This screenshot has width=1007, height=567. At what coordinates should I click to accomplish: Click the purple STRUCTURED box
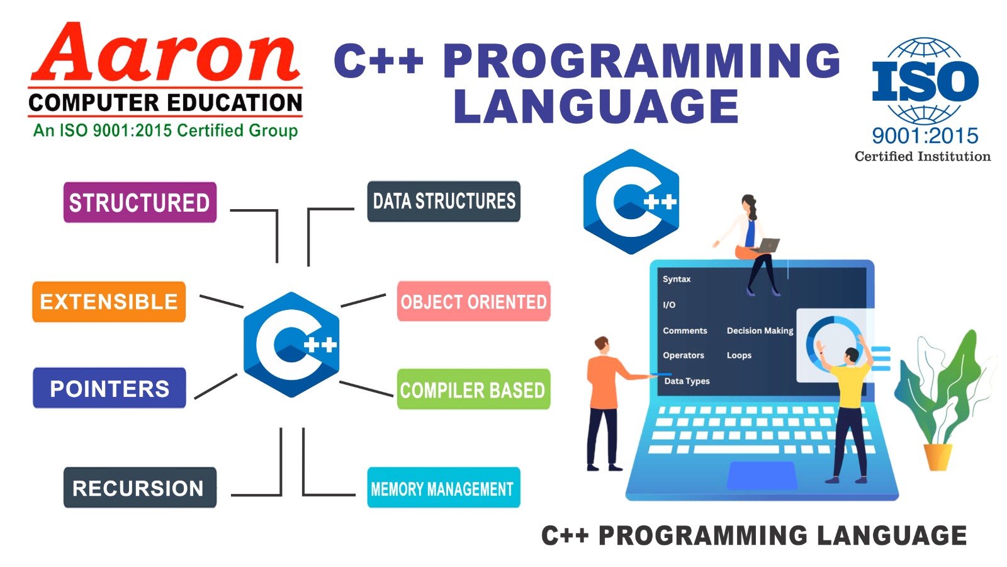pyautogui.click(x=140, y=202)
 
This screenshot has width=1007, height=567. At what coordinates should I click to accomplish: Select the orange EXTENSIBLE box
pyautogui.click(x=109, y=302)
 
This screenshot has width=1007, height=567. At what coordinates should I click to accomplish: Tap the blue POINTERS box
pyautogui.click(x=110, y=388)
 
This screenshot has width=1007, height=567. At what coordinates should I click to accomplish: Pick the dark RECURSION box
pyautogui.click(x=140, y=488)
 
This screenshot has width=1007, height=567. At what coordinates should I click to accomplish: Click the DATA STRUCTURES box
pyautogui.click(x=444, y=202)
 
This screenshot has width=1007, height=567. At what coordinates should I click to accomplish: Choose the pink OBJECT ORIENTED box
pyautogui.click(x=473, y=302)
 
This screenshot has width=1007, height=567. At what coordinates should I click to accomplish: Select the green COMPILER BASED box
pyautogui.click(x=473, y=390)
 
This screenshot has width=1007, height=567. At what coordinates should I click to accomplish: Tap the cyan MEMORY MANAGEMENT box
pyautogui.click(x=443, y=488)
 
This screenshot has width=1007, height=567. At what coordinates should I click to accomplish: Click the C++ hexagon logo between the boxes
pyautogui.click(x=291, y=345)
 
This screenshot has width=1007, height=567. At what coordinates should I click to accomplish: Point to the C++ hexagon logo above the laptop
pyautogui.click(x=631, y=202)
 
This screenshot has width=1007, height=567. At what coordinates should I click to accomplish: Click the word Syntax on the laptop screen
pyautogui.click(x=677, y=279)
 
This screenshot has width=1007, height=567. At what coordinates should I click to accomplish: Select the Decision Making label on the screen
pyautogui.click(x=760, y=331)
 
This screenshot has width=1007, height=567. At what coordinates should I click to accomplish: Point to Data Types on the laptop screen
pyautogui.click(x=687, y=381)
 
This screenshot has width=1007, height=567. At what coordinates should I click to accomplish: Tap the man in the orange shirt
pyautogui.click(x=604, y=403)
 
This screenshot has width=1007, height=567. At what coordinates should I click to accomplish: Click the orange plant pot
pyautogui.click(x=937, y=457)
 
